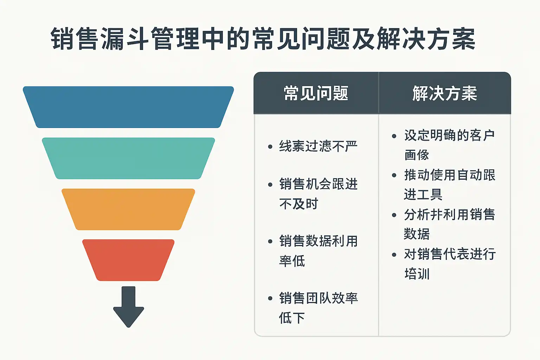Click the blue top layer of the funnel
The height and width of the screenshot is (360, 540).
(x=128, y=107)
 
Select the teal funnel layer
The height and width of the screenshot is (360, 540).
(x=128, y=158)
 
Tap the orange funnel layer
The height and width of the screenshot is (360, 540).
(x=128, y=209)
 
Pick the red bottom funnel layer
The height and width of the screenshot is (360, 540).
(x=128, y=260)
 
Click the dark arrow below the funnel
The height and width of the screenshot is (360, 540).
(x=129, y=307)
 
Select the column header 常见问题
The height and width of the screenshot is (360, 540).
(x=316, y=94)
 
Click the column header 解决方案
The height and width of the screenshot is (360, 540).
(x=444, y=94)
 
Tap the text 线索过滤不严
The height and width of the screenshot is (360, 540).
(x=318, y=146)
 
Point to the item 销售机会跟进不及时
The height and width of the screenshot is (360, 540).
(x=318, y=194)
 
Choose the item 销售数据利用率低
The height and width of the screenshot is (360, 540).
(x=318, y=251)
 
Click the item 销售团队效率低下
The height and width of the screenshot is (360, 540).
(x=318, y=308)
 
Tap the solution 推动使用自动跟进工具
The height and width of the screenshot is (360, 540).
(x=449, y=184)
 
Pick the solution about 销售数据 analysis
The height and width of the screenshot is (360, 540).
(x=449, y=224)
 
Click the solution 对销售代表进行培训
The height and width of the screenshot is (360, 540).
(x=449, y=264)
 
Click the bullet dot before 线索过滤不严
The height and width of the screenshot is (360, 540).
(x=270, y=147)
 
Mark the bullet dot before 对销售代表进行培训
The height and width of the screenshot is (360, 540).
(x=394, y=255)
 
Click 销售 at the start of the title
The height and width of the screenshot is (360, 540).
(x=75, y=39)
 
